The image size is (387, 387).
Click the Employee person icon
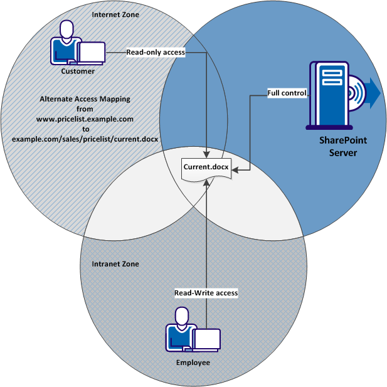pos(180,330)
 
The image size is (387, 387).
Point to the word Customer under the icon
pos(78,71)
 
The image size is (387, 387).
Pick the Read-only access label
pos(156,53)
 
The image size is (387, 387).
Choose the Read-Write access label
pos(206,293)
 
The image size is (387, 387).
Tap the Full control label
pos(287,93)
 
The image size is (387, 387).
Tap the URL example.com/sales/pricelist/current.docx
pos(85,138)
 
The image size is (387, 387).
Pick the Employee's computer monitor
pos(206,339)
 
